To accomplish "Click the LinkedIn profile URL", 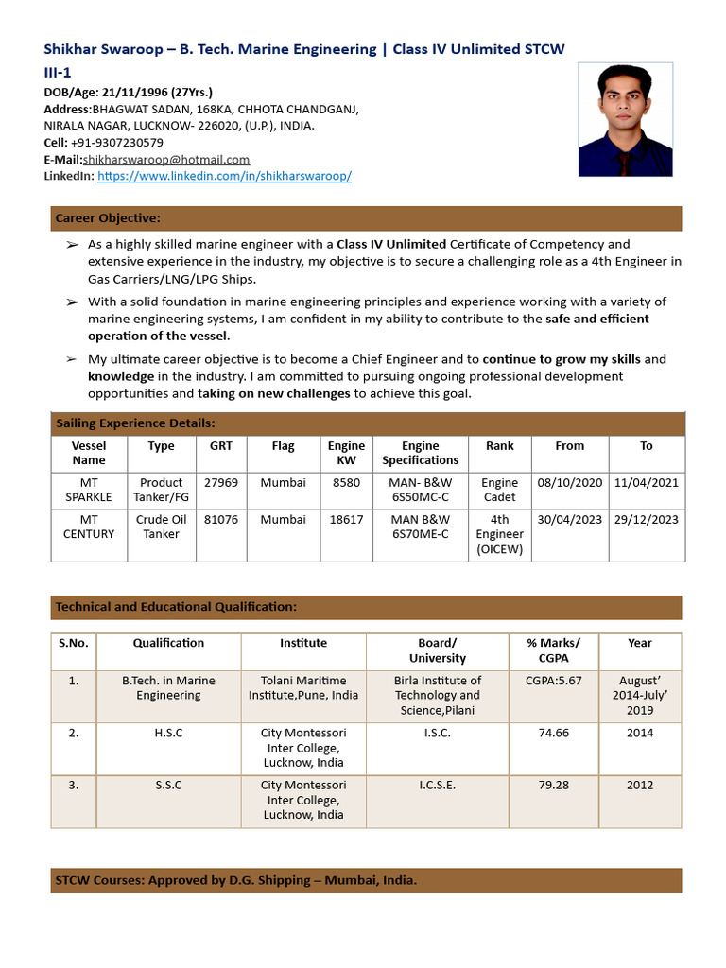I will coord(224,176).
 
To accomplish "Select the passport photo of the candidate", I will coord(625,119).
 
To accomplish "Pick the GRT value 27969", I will coord(221,482).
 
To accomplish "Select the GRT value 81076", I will coord(221,519).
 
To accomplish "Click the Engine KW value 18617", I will coord(346,519).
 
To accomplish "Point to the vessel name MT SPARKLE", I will coord(88,490).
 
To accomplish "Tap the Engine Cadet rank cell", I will coord(499,490).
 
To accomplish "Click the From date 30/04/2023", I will coord(569,519).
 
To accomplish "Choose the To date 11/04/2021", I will coord(647,482).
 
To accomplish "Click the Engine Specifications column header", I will coord(420,453).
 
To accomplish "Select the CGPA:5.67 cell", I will coord(553,681).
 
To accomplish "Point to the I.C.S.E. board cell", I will coord(438,785).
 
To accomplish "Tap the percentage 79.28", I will coord(553,785).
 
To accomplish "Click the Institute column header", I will coord(303,643).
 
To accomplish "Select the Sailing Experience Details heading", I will coord(135,423).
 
